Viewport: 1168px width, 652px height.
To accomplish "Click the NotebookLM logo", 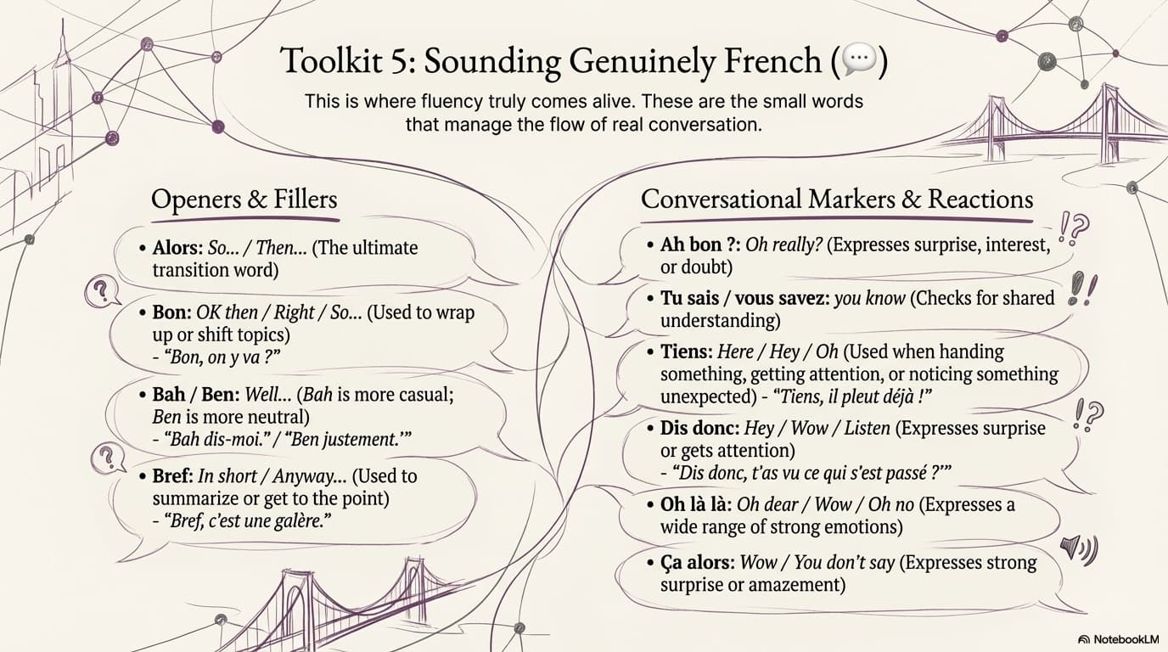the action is pyautogui.click(x=1118, y=639).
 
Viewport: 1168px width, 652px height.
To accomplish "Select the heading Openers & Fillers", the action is pyautogui.click(x=244, y=200).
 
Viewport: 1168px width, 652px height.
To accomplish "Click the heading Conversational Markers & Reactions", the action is pyautogui.click(x=837, y=200).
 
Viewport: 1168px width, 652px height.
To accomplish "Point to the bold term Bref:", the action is pyautogui.click(x=173, y=475).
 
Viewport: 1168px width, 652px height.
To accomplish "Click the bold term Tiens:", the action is pyautogui.click(x=686, y=351).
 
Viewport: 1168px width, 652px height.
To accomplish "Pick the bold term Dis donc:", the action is pyautogui.click(x=699, y=428).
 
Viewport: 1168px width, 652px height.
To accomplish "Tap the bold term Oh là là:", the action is pyautogui.click(x=696, y=504).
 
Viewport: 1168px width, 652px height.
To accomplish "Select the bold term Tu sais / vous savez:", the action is pyautogui.click(x=744, y=298).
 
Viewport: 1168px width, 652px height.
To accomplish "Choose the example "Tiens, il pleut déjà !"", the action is pyautogui.click(x=852, y=397).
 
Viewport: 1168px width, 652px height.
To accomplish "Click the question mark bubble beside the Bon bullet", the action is pyautogui.click(x=102, y=293).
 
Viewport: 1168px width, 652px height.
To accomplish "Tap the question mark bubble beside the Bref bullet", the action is pyautogui.click(x=108, y=458).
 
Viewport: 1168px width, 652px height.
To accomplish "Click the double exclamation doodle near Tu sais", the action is pyautogui.click(x=1082, y=289).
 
